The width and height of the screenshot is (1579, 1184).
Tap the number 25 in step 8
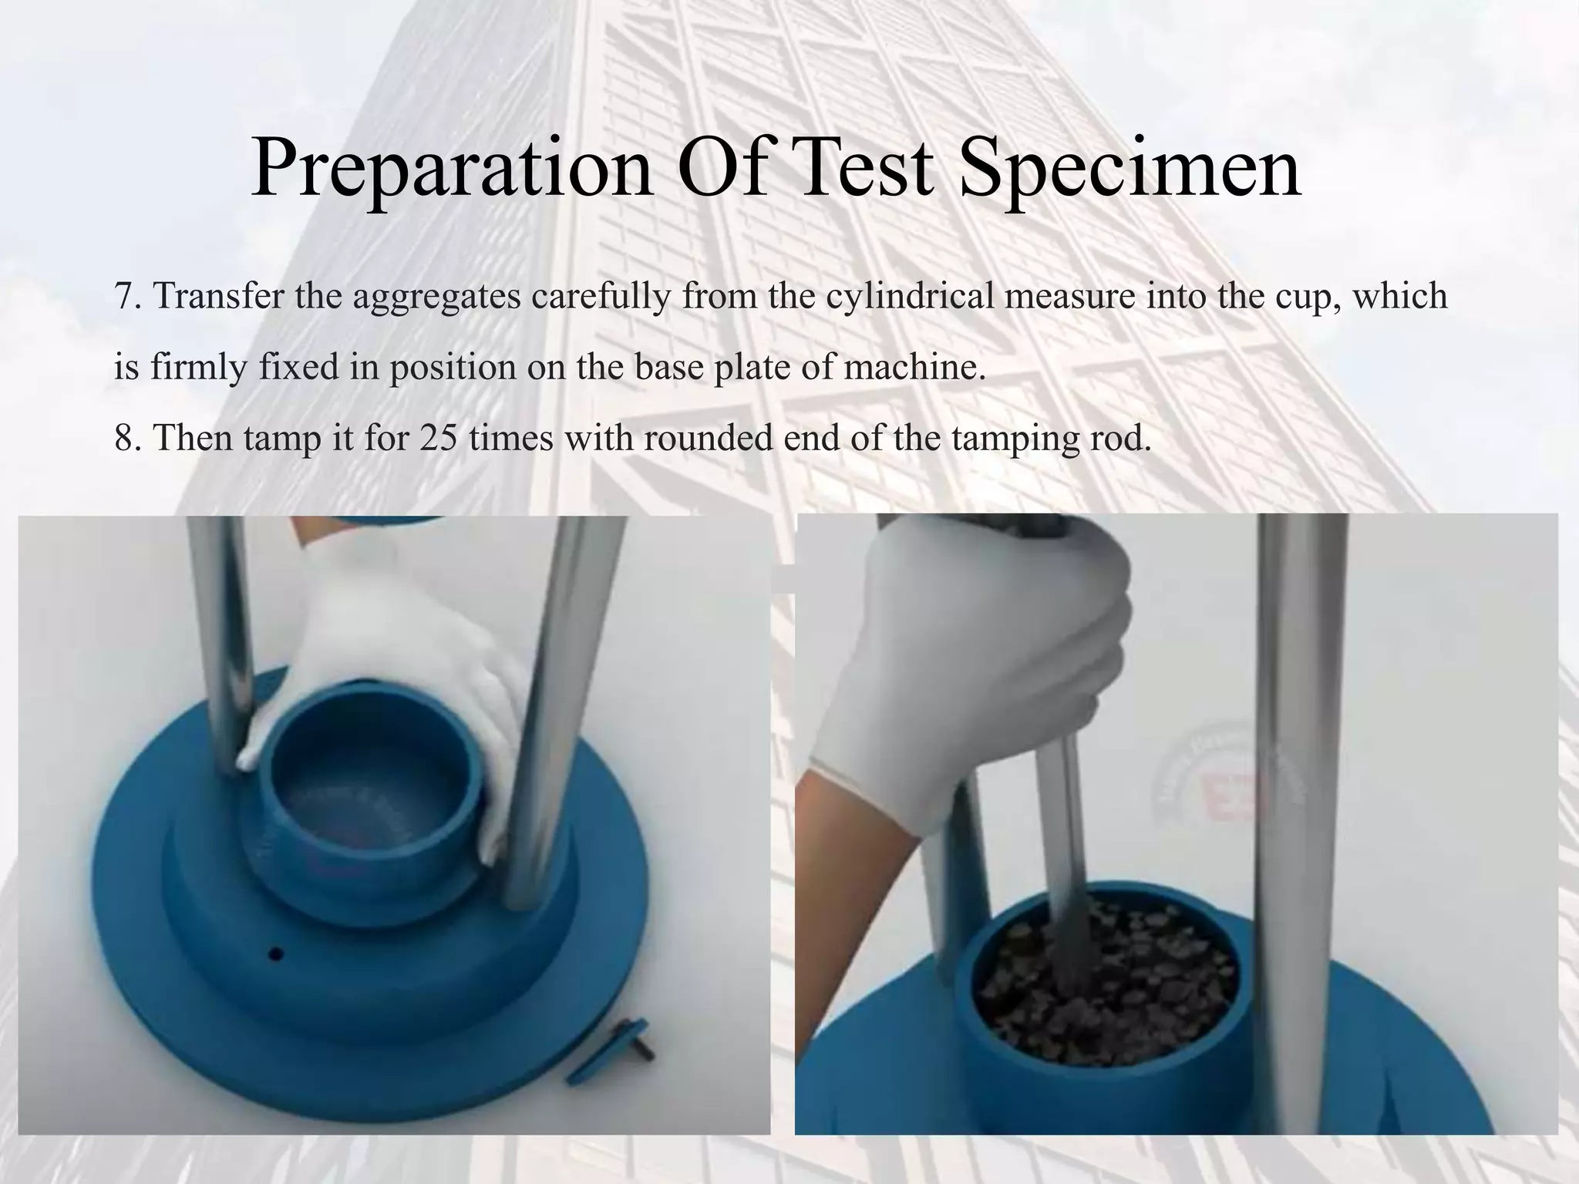click(439, 439)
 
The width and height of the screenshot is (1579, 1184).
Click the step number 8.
click(125, 439)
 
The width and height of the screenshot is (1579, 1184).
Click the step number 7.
click(125, 297)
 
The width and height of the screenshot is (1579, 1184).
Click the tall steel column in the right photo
click(1303, 771)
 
